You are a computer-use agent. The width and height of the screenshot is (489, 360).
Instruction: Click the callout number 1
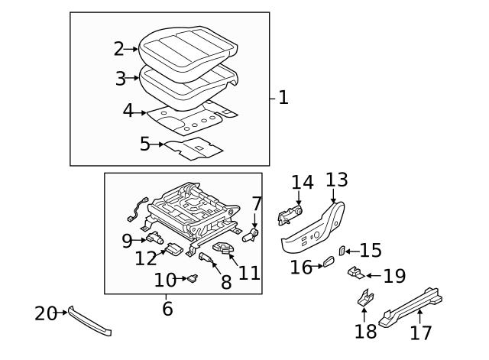point(283,98)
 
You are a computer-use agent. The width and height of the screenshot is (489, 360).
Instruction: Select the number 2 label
point(118,49)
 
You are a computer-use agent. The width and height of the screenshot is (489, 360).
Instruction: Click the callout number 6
point(167,309)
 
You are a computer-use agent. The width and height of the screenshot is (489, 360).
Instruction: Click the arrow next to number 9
point(142,240)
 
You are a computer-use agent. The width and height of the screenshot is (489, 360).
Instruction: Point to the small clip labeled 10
point(193,280)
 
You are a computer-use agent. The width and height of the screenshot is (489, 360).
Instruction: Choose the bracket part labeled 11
point(226,248)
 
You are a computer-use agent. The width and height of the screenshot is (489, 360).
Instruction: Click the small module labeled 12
point(173,248)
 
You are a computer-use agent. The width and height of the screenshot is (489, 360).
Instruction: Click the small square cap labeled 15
point(343,250)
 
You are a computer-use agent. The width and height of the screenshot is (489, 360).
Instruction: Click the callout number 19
point(394,276)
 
